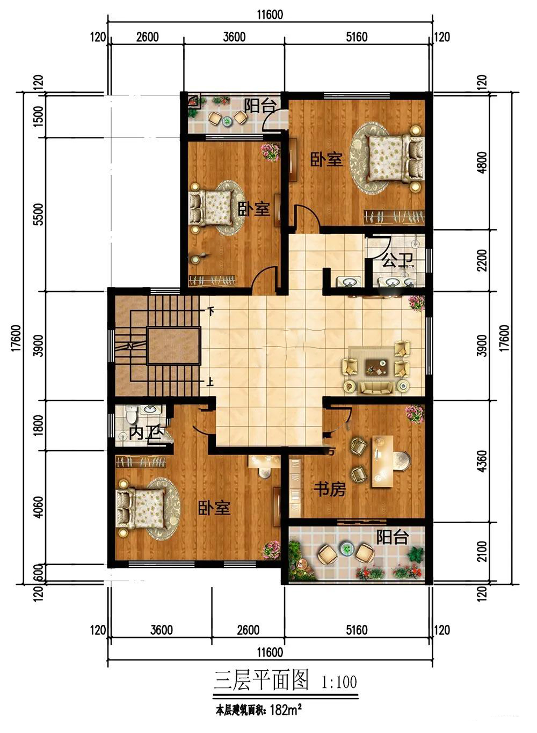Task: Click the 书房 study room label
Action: point(329,489)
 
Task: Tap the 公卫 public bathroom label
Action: point(397,260)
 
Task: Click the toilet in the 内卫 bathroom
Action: point(132,414)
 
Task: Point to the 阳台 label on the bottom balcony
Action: point(393,537)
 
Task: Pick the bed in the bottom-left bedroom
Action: point(142,508)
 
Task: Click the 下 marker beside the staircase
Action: point(211,310)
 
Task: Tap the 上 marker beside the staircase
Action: point(210,382)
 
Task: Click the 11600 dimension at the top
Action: point(270,14)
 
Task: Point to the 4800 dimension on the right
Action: point(482,163)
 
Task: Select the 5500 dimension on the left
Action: point(38,214)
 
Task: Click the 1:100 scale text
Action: point(339,682)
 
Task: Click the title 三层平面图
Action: point(261,680)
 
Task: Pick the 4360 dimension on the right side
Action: point(482,461)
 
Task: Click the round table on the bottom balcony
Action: point(345,547)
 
